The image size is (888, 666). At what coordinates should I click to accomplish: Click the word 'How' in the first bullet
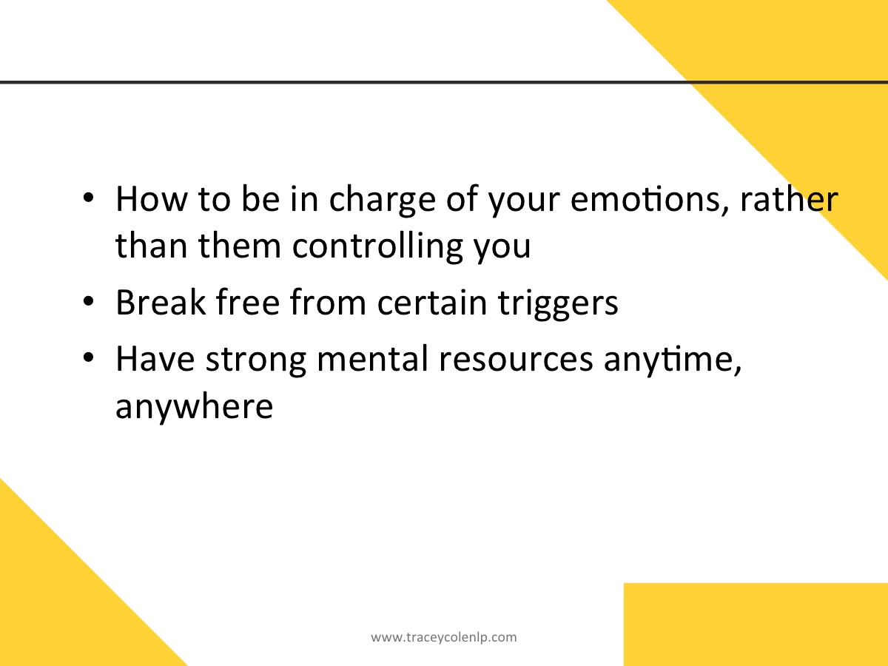point(152,199)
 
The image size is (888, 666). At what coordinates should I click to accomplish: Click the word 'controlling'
point(377,246)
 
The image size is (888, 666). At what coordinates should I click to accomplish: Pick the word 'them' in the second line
point(240,245)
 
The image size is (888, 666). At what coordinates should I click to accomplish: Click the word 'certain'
point(432,302)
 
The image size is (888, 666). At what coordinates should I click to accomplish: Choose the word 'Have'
point(155,358)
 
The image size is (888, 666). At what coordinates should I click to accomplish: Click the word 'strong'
point(256,360)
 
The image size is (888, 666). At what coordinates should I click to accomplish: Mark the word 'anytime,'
point(673,360)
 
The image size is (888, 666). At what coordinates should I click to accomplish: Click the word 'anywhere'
point(194,407)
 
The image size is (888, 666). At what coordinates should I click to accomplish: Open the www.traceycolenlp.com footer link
point(444,638)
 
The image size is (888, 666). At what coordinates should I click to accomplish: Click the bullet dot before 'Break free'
point(88,301)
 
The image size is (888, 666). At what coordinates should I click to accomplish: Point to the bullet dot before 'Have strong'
point(88,357)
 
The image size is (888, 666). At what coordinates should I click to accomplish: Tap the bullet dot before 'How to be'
point(88,198)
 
